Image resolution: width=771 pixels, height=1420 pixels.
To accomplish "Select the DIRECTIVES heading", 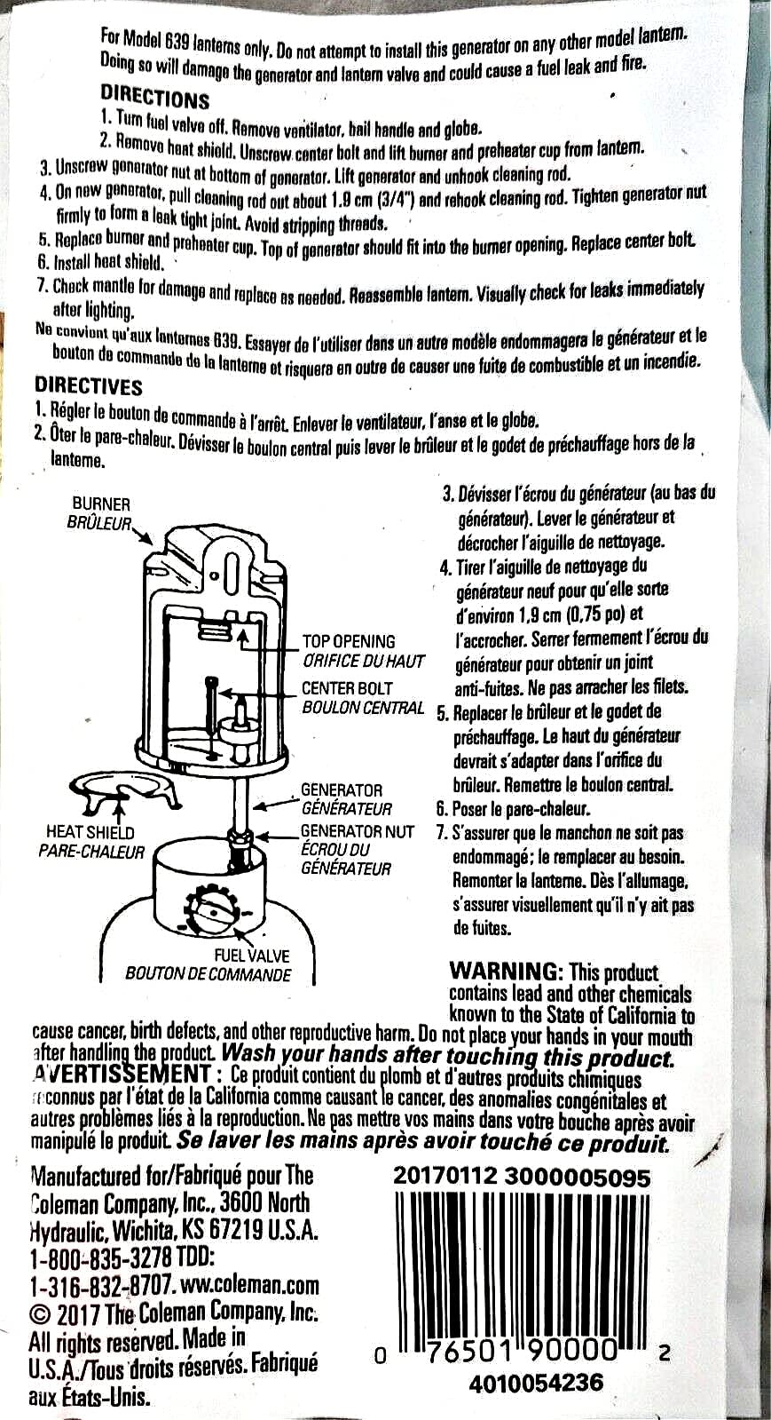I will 88,385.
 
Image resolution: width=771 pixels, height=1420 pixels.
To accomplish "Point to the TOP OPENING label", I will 349,641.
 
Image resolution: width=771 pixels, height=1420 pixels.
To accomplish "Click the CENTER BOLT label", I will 347,688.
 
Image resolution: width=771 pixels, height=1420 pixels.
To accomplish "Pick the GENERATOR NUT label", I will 358,831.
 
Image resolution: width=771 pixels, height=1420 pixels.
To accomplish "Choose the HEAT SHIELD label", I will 90,832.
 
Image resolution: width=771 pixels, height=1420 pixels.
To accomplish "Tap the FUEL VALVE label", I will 251,956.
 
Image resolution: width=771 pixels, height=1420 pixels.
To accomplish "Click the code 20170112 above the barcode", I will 445,1178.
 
